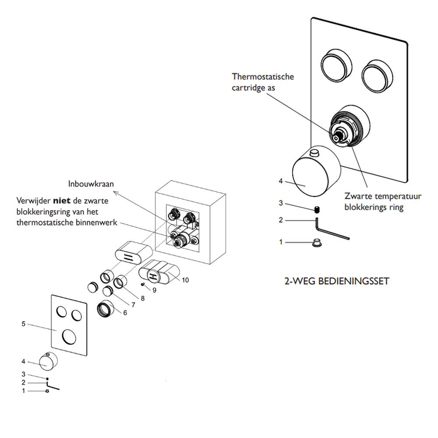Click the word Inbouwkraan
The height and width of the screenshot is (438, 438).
pos(91,184)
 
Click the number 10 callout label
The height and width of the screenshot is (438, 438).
pos(185,280)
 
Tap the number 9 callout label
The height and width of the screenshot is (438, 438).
pos(154,290)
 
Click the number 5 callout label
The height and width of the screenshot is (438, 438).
pos(24,324)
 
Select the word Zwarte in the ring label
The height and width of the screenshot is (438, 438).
pos(358,197)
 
